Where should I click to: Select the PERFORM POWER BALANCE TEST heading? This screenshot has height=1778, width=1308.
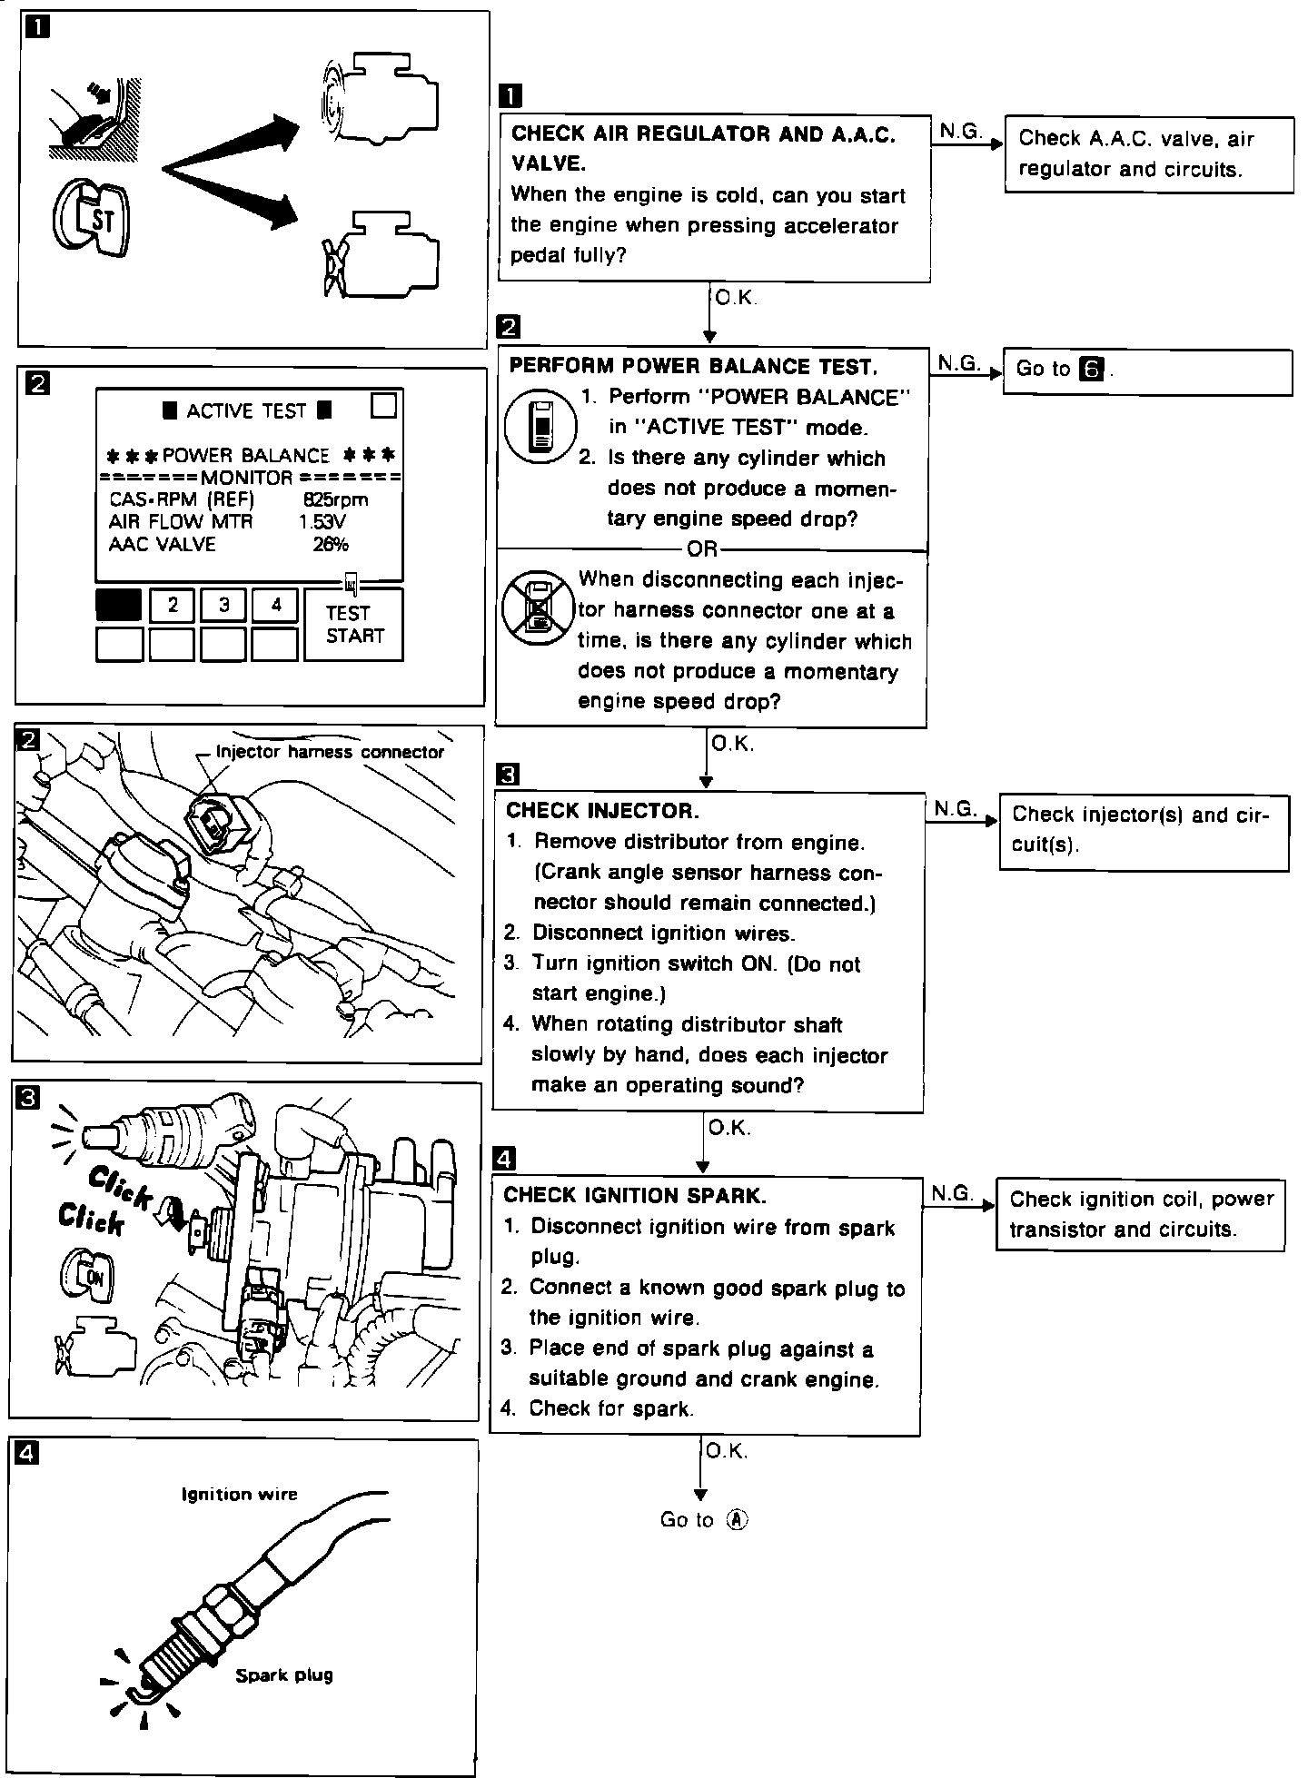[x=693, y=366]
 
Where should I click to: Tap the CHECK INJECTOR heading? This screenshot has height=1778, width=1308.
[x=602, y=810]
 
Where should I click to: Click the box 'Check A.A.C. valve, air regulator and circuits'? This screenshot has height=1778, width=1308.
[x=1148, y=154]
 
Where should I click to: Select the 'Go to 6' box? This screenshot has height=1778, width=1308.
[x=1146, y=370]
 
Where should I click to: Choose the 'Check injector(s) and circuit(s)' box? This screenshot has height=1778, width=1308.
[x=1143, y=830]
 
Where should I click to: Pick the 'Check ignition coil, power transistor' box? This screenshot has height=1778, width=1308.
[x=1140, y=1214]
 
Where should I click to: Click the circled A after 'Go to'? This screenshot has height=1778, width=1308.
[x=737, y=1520]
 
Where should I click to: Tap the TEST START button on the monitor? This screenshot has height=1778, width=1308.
[x=354, y=625]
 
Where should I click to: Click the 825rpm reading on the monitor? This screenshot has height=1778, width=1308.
[x=336, y=499]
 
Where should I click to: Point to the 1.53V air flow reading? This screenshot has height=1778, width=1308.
[x=322, y=522]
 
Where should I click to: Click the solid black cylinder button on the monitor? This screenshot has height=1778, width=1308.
[x=118, y=605]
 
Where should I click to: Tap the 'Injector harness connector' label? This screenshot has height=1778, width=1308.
[x=330, y=752]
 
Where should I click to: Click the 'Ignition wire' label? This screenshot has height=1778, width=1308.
[x=239, y=1495]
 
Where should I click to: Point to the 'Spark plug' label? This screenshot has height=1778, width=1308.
[x=283, y=1675]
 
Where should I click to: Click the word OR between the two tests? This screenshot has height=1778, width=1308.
[x=702, y=549]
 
